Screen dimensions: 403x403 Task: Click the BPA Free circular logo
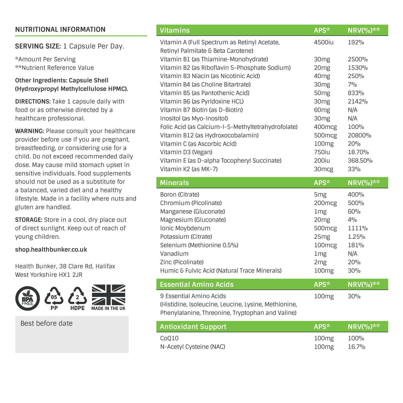click(28, 298)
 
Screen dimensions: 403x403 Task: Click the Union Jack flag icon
click(108, 295)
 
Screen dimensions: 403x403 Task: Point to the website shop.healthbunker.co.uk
click(51, 250)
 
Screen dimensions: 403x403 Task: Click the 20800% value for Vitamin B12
click(359, 135)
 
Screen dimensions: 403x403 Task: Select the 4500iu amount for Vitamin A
click(324, 42)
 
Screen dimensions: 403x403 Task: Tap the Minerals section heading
click(174, 183)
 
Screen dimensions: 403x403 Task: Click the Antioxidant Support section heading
click(193, 327)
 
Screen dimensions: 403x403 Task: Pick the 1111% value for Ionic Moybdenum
click(358, 228)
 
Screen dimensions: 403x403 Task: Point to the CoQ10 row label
click(169, 338)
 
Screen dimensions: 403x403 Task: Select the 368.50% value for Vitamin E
click(360, 161)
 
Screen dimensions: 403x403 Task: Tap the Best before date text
click(47, 323)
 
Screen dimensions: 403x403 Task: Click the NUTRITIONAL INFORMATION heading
click(60, 30)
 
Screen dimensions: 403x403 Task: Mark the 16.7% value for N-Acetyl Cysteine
click(356, 347)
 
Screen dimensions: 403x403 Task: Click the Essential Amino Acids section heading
click(197, 284)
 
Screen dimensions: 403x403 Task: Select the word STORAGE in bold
click(29, 220)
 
